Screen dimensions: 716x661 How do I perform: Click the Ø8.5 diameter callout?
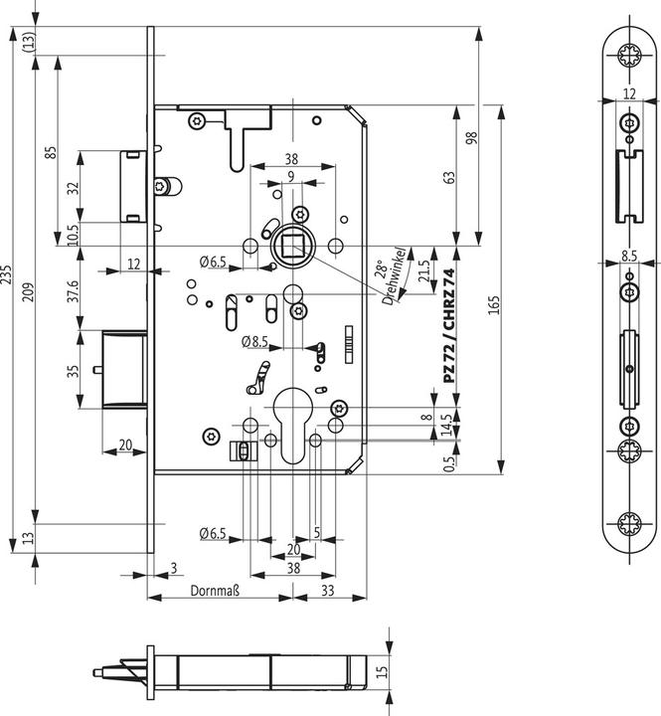coord(255,341)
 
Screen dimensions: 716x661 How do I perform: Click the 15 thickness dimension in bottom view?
coord(383,672)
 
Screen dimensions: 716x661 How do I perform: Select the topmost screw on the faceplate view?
coord(629,56)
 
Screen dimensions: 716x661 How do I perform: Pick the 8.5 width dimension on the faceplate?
coord(629,256)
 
